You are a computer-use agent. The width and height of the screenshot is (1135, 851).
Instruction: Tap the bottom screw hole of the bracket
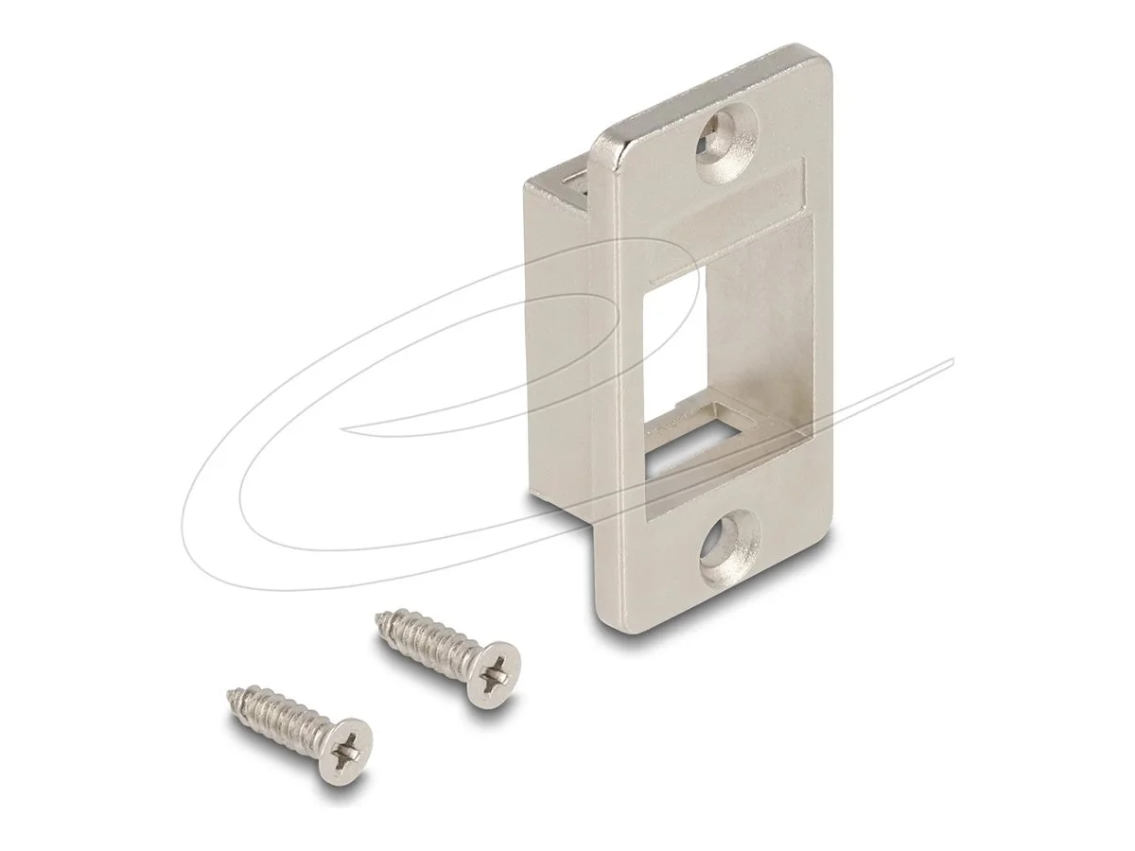click(x=729, y=546)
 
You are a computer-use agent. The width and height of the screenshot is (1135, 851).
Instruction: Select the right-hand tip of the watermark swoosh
click(x=951, y=361)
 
